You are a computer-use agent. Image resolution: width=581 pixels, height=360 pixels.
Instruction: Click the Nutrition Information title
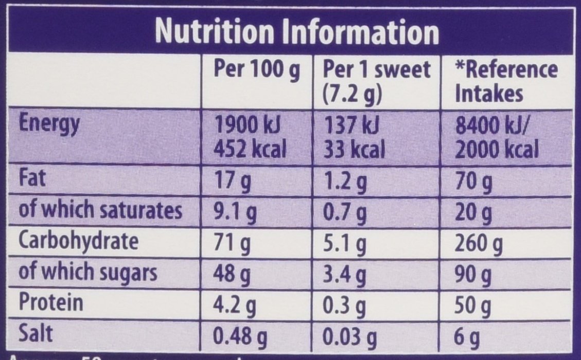point(297,32)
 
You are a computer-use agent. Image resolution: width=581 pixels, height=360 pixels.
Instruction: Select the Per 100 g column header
point(256,70)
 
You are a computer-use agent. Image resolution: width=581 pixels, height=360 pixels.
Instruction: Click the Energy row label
point(49,124)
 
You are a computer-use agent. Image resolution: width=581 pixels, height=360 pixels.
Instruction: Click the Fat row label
point(32,179)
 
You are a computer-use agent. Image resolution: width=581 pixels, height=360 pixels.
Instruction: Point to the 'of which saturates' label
point(100,211)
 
